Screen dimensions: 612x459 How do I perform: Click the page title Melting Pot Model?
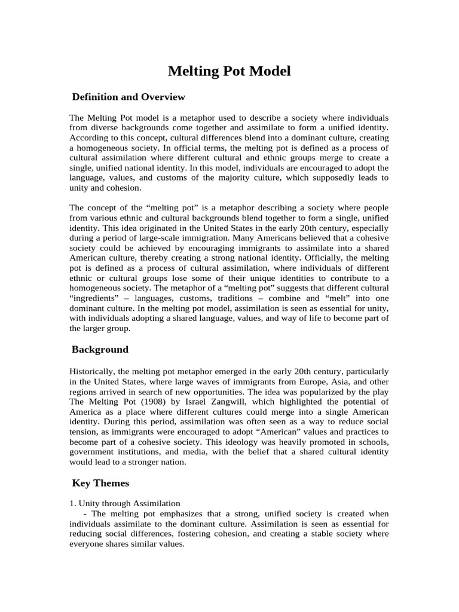click(229, 71)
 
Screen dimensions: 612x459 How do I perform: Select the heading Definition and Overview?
click(128, 97)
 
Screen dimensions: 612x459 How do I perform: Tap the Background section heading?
click(100, 349)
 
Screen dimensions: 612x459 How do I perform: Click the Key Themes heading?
click(100, 482)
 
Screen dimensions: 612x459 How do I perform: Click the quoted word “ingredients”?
click(92, 299)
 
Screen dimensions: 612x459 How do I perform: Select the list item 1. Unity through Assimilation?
click(125, 504)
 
